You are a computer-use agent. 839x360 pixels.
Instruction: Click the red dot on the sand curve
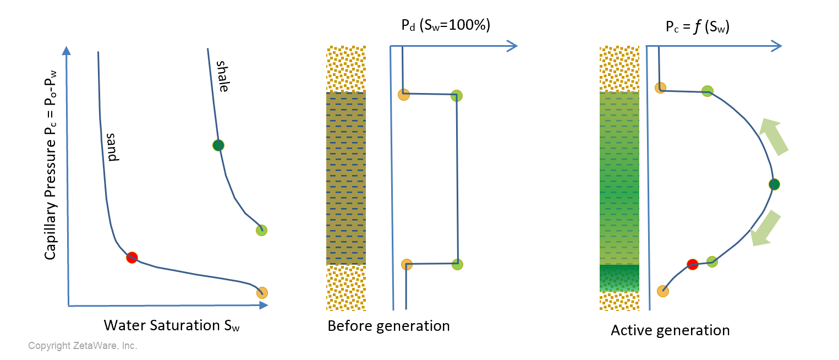131,257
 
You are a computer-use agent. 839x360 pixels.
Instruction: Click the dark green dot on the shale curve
219,145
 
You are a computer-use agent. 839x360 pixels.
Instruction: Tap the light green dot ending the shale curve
261,230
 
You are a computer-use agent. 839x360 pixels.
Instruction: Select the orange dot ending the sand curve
262,293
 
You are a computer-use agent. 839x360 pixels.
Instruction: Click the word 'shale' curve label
222,77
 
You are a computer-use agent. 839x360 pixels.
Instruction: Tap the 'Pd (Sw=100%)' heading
445,26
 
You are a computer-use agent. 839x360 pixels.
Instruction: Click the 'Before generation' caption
388,326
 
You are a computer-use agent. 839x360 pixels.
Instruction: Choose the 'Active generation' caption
670,330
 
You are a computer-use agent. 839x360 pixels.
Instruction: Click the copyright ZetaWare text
83,346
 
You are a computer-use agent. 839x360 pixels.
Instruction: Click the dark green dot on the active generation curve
774,184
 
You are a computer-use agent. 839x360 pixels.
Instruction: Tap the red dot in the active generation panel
693,264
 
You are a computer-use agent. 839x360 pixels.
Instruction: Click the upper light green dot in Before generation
456,96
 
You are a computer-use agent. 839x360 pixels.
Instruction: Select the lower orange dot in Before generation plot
407,264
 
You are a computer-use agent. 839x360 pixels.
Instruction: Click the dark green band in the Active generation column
618,278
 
